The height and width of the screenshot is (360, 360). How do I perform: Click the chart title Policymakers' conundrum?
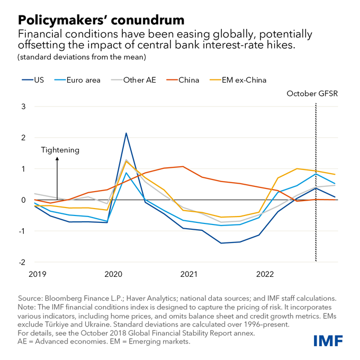(x=101, y=20)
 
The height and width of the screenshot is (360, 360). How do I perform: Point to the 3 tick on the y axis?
(x=23, y=106)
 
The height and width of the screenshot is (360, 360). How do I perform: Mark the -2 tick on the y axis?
(x=22, y=262)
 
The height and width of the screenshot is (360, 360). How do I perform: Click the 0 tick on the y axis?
(x=23, y=200)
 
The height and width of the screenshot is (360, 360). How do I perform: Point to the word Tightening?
(x=60, y=150)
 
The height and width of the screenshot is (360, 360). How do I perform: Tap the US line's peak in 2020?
(x=126, y=133)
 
